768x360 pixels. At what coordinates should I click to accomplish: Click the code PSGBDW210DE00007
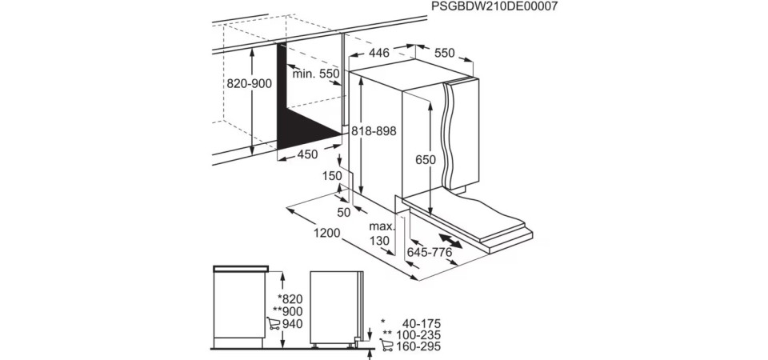pos(494,6)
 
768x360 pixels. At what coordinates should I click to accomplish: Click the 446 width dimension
pos(379,53)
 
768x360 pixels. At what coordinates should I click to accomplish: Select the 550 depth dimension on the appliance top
pos(444,53)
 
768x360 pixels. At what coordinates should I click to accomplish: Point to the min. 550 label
pos(315,74)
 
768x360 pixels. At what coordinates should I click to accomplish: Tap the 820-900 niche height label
pos(249,84)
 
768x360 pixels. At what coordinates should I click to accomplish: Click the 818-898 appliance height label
pos(374,130)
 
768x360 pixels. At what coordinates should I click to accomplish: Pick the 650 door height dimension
pos(425,160)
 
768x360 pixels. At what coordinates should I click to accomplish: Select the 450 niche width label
pos(307,154)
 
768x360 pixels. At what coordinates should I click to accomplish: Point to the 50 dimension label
pos(344,213)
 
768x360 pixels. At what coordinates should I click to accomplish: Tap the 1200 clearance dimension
pos(326,233)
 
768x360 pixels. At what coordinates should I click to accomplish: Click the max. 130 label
pos(382,234)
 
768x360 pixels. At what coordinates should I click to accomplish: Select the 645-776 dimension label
pos(430,252)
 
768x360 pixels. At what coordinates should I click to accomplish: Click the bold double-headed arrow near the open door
pos(450,241)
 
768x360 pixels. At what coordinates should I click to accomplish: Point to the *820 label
pos(290,298)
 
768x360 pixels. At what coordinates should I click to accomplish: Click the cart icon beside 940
pos(274,323)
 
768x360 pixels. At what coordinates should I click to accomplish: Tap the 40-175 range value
pos(422,324)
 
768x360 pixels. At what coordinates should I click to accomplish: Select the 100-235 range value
pos(418,335)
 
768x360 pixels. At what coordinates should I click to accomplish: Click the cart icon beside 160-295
pos(386,346)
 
